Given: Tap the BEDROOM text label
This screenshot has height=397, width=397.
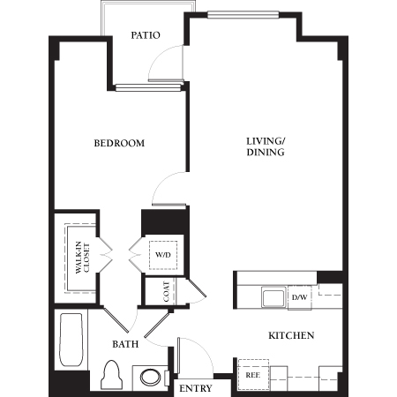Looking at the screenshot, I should coord(119,143).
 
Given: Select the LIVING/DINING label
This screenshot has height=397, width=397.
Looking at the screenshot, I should coord(265,146).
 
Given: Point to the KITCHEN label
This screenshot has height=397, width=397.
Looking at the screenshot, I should coord(290,336).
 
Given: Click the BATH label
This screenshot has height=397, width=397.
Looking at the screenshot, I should coord(124,344).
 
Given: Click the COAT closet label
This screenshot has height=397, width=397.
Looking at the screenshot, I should coord(166,292).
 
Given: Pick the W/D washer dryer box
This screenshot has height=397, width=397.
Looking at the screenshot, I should coord(163,255).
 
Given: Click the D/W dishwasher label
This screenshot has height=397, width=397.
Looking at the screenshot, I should coord(300,298).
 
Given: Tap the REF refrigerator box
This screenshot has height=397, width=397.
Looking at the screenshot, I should coord(253,374).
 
